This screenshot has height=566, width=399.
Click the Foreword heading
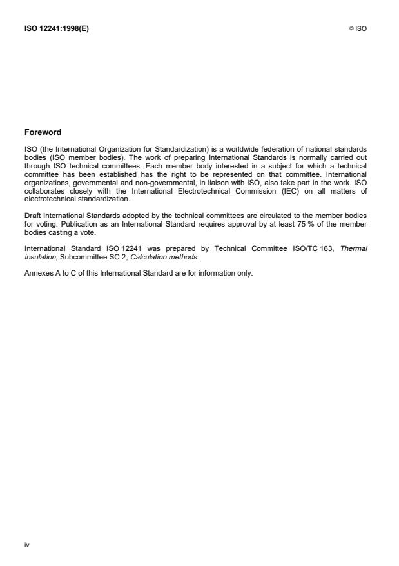43,132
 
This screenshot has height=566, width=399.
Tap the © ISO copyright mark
358,28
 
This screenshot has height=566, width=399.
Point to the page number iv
27,545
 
